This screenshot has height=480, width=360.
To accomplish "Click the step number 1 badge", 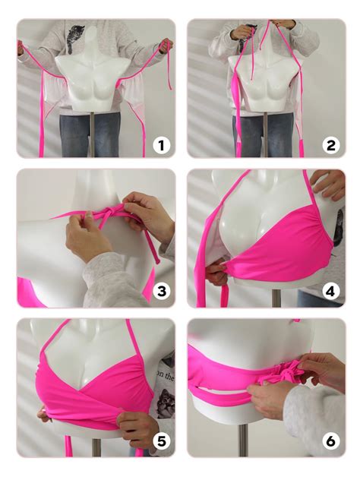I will click(160, 144).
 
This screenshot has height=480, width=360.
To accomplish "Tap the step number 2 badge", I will click(330, 144).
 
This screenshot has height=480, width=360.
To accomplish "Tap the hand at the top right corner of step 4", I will click(329, 185).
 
